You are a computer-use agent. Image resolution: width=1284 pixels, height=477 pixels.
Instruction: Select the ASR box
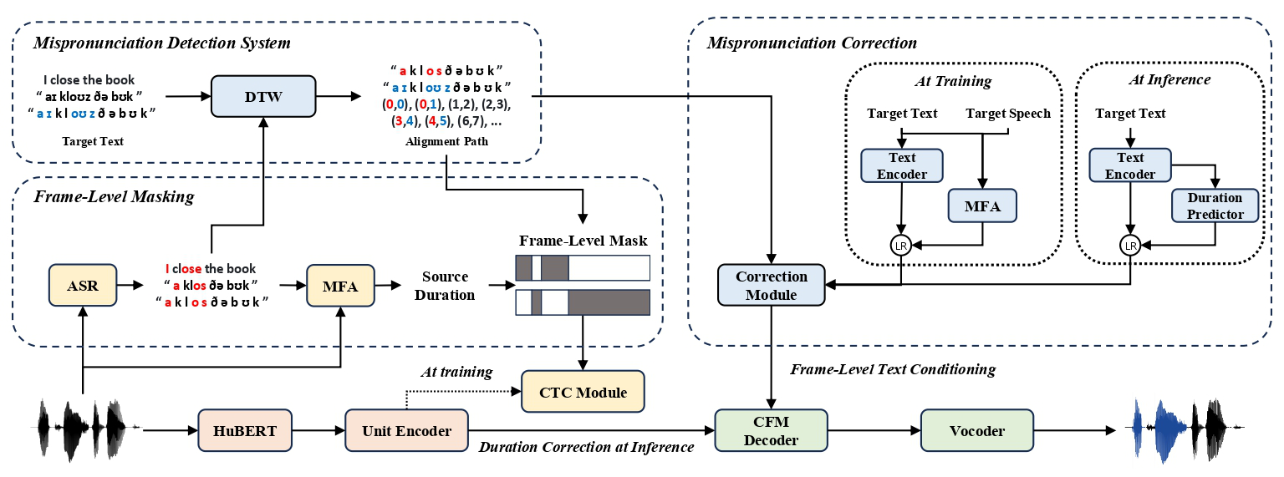[x=83, y=286]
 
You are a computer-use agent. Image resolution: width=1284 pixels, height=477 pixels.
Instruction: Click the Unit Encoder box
[x=407, y=431]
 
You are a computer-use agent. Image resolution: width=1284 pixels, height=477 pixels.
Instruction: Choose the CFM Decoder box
[x=771, y=431]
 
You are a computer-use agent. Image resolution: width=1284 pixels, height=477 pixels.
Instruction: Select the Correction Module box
[x=772, y=285]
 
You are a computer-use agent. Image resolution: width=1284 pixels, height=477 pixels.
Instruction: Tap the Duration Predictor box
[x=1214, y=206]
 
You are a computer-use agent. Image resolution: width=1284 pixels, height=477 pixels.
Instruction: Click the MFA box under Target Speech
[x=982, y=205]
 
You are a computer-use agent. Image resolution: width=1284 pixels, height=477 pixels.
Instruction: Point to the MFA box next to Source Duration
[x=340, y=286]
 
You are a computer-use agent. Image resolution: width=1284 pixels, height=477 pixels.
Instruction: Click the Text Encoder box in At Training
[x=902, y=165]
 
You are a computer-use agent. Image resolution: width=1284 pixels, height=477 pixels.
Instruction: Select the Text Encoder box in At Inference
[x=1130, y=165]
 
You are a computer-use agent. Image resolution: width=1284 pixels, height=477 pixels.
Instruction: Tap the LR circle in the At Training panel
[x=901, y=246]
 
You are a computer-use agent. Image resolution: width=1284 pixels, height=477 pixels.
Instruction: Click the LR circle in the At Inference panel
[x=1130, y=246]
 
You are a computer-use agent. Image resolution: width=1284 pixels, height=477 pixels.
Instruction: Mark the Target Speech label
[x=1008, y=113]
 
